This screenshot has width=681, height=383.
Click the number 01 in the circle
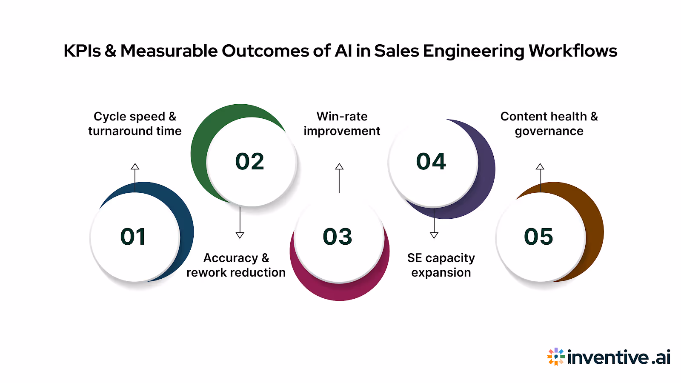point(133,237)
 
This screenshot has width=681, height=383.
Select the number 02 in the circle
point(250,162)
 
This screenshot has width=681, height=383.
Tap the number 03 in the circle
point(338,237)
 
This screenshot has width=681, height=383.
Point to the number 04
point(431,162)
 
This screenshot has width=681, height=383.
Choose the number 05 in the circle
point(538,237)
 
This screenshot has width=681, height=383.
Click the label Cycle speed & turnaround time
point(135,124)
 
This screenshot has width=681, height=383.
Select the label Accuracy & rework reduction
point(236,265)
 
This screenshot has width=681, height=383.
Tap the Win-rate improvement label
point(342,124)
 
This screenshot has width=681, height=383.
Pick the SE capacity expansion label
point(441,265)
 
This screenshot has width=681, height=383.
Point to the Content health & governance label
point(549,124)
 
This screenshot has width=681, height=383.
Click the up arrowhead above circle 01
point(135,166)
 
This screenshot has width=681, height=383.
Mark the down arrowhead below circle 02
point(240,235)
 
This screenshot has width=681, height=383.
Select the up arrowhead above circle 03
point(339,166)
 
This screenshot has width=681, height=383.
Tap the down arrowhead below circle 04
point(434,235)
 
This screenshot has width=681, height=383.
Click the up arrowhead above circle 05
point(540,166)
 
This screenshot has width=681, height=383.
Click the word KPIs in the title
point(82,51)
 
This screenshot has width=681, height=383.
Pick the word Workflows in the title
point(573,51)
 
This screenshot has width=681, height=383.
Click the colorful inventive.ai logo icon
point(556,357)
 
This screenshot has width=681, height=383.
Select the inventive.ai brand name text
point(619,357)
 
